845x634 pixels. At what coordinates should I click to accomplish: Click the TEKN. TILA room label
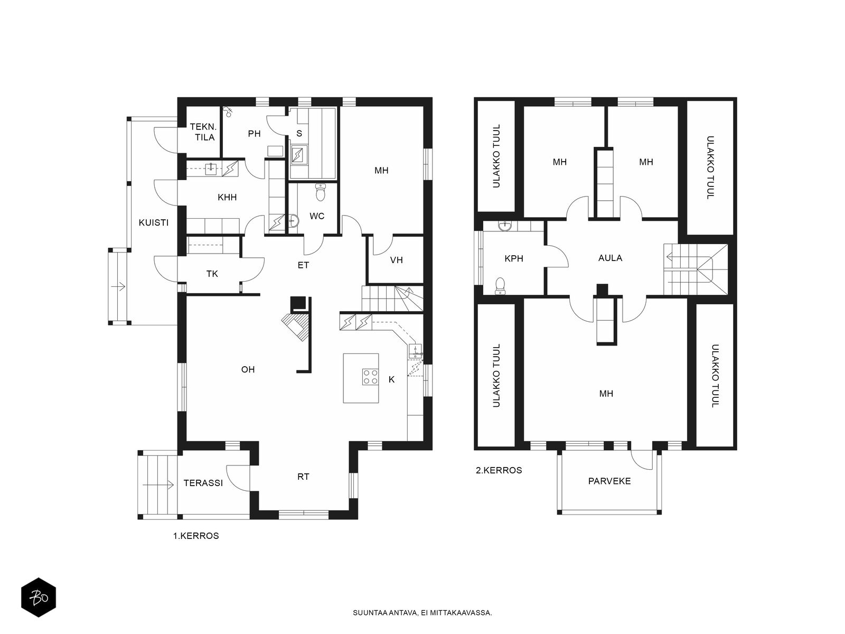203,132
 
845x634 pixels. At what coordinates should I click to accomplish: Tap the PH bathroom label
254,134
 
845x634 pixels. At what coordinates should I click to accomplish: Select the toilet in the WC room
320,192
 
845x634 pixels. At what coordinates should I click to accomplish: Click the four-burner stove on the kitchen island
370,376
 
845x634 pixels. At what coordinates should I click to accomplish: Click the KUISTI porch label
154,222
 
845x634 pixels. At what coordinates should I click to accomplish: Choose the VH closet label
396,260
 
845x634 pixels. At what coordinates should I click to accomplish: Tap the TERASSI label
203,483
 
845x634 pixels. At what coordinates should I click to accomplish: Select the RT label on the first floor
303,477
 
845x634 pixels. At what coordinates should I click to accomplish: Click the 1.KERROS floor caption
196,535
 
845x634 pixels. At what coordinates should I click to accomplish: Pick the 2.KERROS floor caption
499,470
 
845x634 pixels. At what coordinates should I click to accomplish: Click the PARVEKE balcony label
609,481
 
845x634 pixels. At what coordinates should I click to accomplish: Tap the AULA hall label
610,257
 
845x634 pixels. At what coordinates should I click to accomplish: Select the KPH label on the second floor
513,258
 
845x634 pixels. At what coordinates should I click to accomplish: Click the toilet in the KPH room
500,286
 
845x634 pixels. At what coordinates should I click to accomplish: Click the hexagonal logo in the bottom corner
39,597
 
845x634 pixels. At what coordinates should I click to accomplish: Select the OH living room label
248,369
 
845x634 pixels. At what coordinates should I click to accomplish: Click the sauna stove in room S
299,154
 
